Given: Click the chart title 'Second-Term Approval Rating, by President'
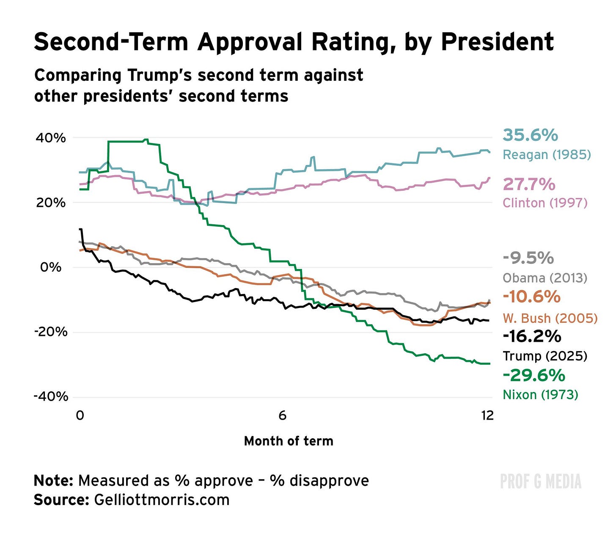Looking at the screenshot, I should (x=294, y=42).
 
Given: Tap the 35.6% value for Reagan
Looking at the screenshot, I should (x=530, y=135).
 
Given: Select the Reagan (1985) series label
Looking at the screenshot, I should (x=547, y=155).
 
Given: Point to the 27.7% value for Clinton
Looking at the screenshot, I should (x=529, y=184).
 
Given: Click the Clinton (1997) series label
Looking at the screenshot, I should (x=545, y=203).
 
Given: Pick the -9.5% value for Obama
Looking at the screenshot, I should (x=528, y=258).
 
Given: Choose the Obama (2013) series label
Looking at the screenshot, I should (x=545, y=278).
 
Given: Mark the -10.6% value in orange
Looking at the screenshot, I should (x=531, y=297).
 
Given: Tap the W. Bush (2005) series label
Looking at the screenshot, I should (x=550, y=318).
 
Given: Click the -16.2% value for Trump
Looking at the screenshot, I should (x=532, y=336).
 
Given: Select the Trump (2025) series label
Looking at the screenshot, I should (x=545, y=356).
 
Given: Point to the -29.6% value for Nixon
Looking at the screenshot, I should (x=534, y=375).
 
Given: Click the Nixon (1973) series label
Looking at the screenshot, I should (x=540, y=395).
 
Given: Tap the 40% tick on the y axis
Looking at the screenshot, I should (x=51, y=138).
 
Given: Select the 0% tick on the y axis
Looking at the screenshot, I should (x=51, y=267).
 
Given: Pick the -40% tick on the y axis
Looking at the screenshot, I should (x=51, y=397).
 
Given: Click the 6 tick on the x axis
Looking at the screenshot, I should (x=282, y=415).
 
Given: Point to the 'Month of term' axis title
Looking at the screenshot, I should (x=289, y=441).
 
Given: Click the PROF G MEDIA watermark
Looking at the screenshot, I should (x=541, y=481).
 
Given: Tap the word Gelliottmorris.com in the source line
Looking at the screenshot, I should (x=162, y=500).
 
